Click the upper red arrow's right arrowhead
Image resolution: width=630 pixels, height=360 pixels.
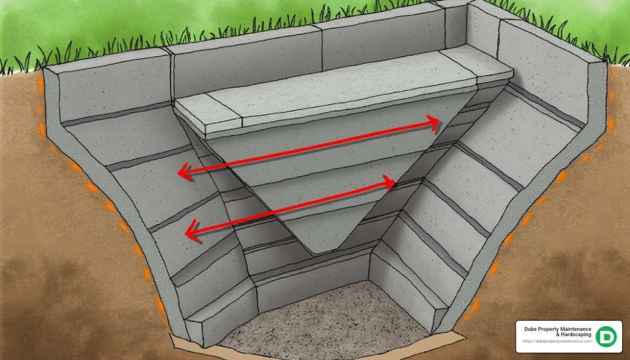pyautogui.click(x=435, y=124)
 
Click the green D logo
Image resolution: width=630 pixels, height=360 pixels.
pyautogui.click(x=606, y=337)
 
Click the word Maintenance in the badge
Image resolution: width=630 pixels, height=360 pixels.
pyautogui.click(x=579, y=329)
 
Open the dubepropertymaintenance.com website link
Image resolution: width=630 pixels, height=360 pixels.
pyautogui.click(x=557, y=341)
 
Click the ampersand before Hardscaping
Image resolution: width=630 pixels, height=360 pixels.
pyautogui.click(x=557, y=335)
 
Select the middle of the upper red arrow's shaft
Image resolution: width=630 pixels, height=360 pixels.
pyautogui.click(x=310, y=148)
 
